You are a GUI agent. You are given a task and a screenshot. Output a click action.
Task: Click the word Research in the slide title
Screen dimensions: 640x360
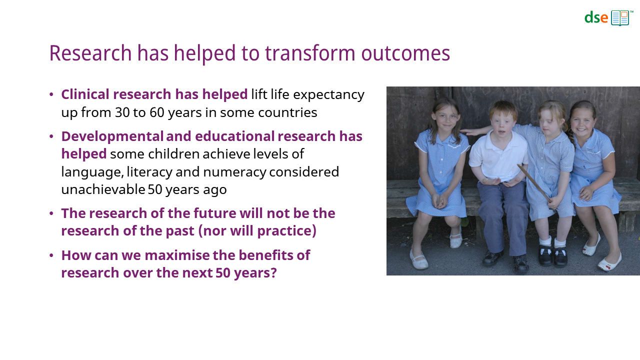click(90, 53)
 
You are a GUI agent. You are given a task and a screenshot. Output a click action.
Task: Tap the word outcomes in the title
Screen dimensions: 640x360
click(405, 53)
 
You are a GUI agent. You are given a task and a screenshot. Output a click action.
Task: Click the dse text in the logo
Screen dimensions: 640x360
click(596, 17)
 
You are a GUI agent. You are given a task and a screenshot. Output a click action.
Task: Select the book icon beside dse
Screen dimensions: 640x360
click(620, 18)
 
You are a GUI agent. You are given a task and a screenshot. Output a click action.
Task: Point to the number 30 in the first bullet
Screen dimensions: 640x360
click(122, 112)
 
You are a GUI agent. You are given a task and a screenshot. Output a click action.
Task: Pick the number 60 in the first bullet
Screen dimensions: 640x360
click(157, 112)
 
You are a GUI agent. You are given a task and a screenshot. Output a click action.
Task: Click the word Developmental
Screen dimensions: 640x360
click(112, 137)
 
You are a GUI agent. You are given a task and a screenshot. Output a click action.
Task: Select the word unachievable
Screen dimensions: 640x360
click(103, 189)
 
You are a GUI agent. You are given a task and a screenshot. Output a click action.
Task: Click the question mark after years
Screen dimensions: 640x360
click(273, 273)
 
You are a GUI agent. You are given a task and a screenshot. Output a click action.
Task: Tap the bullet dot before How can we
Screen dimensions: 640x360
click(51, 255)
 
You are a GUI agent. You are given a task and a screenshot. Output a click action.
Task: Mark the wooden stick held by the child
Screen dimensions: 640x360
click(533, 183)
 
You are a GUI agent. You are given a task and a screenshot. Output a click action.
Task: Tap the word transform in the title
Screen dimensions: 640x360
click(310, 53)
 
